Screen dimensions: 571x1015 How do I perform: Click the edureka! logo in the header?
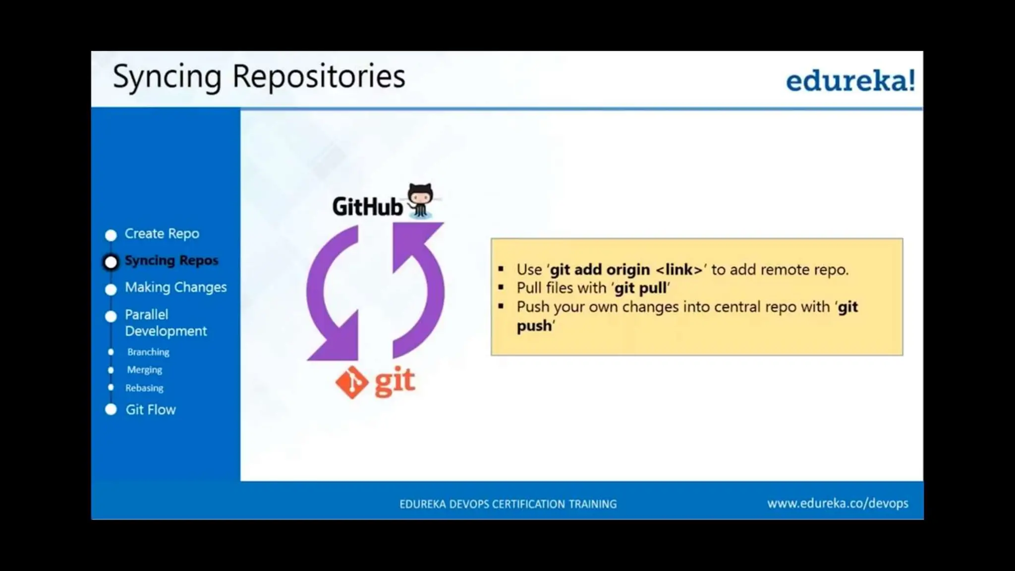tap(850, 81)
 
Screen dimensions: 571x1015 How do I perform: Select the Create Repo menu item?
tap(162, 233)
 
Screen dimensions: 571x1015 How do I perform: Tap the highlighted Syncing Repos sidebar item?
tap(171, 260)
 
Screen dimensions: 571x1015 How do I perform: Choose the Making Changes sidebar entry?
tap(175, 287)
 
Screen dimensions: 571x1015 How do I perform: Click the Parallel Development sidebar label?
tap(165, 323)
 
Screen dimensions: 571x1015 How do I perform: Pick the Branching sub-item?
tap(148, 352)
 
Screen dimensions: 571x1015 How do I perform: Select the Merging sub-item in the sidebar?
tap(144, 370)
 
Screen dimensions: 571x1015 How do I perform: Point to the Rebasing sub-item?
tap(144, 388)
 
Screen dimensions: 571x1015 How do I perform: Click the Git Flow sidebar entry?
tap(150, 410)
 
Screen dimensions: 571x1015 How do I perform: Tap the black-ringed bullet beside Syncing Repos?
tap(111, 262)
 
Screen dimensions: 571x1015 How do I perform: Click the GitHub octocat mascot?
tap(420, 200)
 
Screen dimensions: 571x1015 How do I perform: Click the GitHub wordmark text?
tap(367, 207)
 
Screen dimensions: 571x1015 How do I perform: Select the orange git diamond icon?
tap(352, 382)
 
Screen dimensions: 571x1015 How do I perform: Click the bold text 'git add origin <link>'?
tap(626, 270)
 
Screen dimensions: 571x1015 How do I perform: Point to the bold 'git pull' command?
tap(640, 288)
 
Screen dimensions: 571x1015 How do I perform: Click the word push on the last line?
tap(534, 326)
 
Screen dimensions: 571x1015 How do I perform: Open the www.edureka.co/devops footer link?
tap(838, 504)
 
